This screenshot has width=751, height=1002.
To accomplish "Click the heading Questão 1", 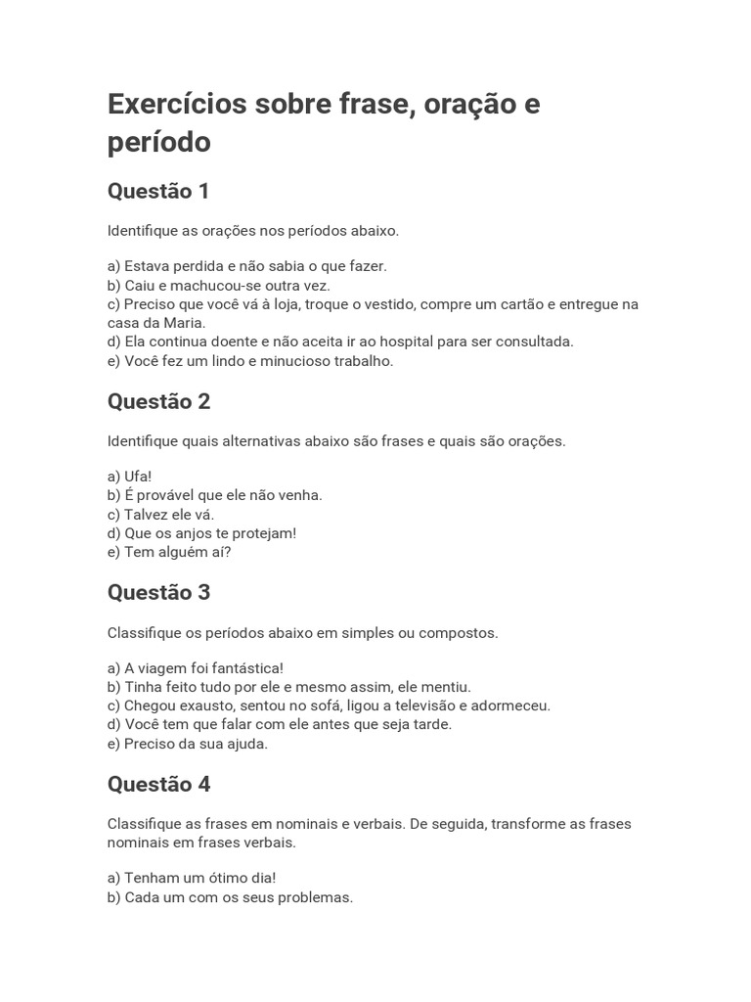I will point(158,191).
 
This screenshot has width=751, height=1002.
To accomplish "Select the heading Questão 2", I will point(158,401).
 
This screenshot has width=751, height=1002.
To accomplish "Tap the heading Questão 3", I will point(158,592).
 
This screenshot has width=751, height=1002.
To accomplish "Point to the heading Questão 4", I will point(158,784).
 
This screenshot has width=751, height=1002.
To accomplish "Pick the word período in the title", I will point(158,143).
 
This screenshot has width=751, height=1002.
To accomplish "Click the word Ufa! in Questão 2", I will point(138,477).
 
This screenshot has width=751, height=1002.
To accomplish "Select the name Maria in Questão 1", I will point(183,323).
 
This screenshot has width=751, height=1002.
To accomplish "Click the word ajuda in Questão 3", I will point(244,744).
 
